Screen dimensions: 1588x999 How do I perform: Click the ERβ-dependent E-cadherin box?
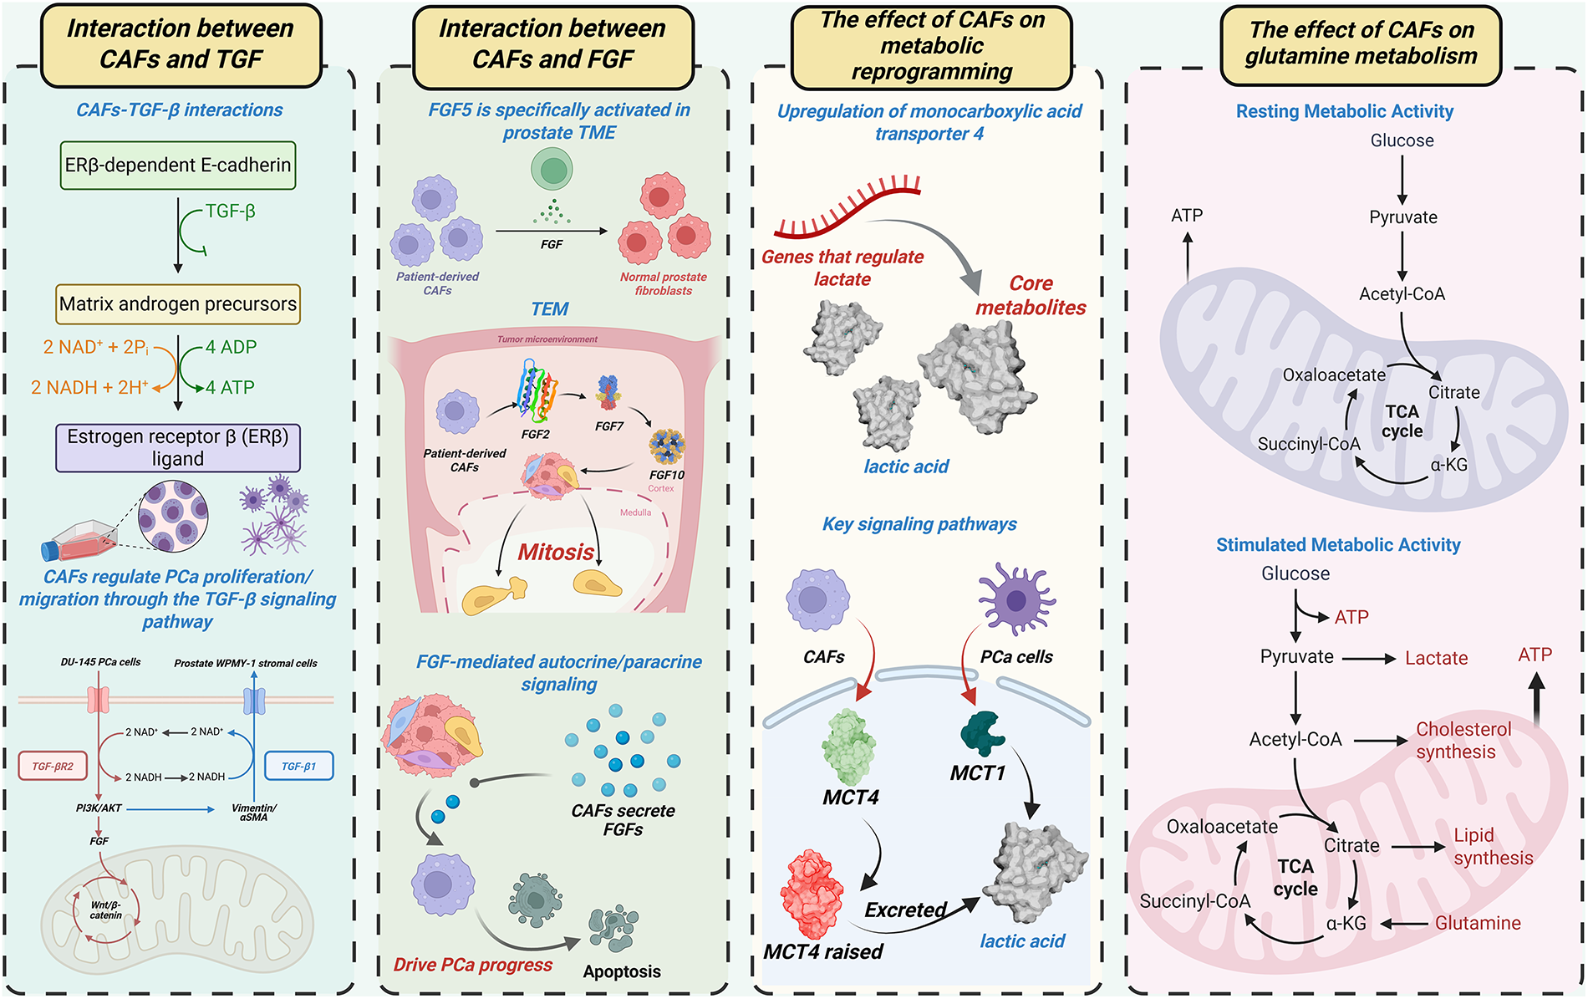click(178, 165)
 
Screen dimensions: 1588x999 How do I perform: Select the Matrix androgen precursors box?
click(178, 304)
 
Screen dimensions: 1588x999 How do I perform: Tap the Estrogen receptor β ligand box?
click(178, 448)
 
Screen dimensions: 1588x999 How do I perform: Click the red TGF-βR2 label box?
click(53, 766)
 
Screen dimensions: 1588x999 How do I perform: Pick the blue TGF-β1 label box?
click(299, 766)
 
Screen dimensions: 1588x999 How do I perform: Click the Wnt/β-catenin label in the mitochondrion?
click(106, 910)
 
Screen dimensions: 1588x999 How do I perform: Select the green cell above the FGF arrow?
click(552, 170)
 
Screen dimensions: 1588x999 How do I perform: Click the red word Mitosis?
click(556, 552)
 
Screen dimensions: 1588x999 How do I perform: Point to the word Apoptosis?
click(622, 971)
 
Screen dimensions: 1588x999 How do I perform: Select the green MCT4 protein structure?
click(849, 747)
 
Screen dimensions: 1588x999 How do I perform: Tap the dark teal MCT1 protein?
click(983, 734)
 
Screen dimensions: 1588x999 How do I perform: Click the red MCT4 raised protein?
click(812, 894)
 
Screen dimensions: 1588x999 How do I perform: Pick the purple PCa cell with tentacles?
click(1016, 599)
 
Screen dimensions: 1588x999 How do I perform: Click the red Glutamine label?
click(1478, 923)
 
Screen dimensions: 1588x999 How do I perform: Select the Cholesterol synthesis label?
click(1463, 741)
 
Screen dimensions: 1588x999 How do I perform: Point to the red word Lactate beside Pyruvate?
click(1436, 658)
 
